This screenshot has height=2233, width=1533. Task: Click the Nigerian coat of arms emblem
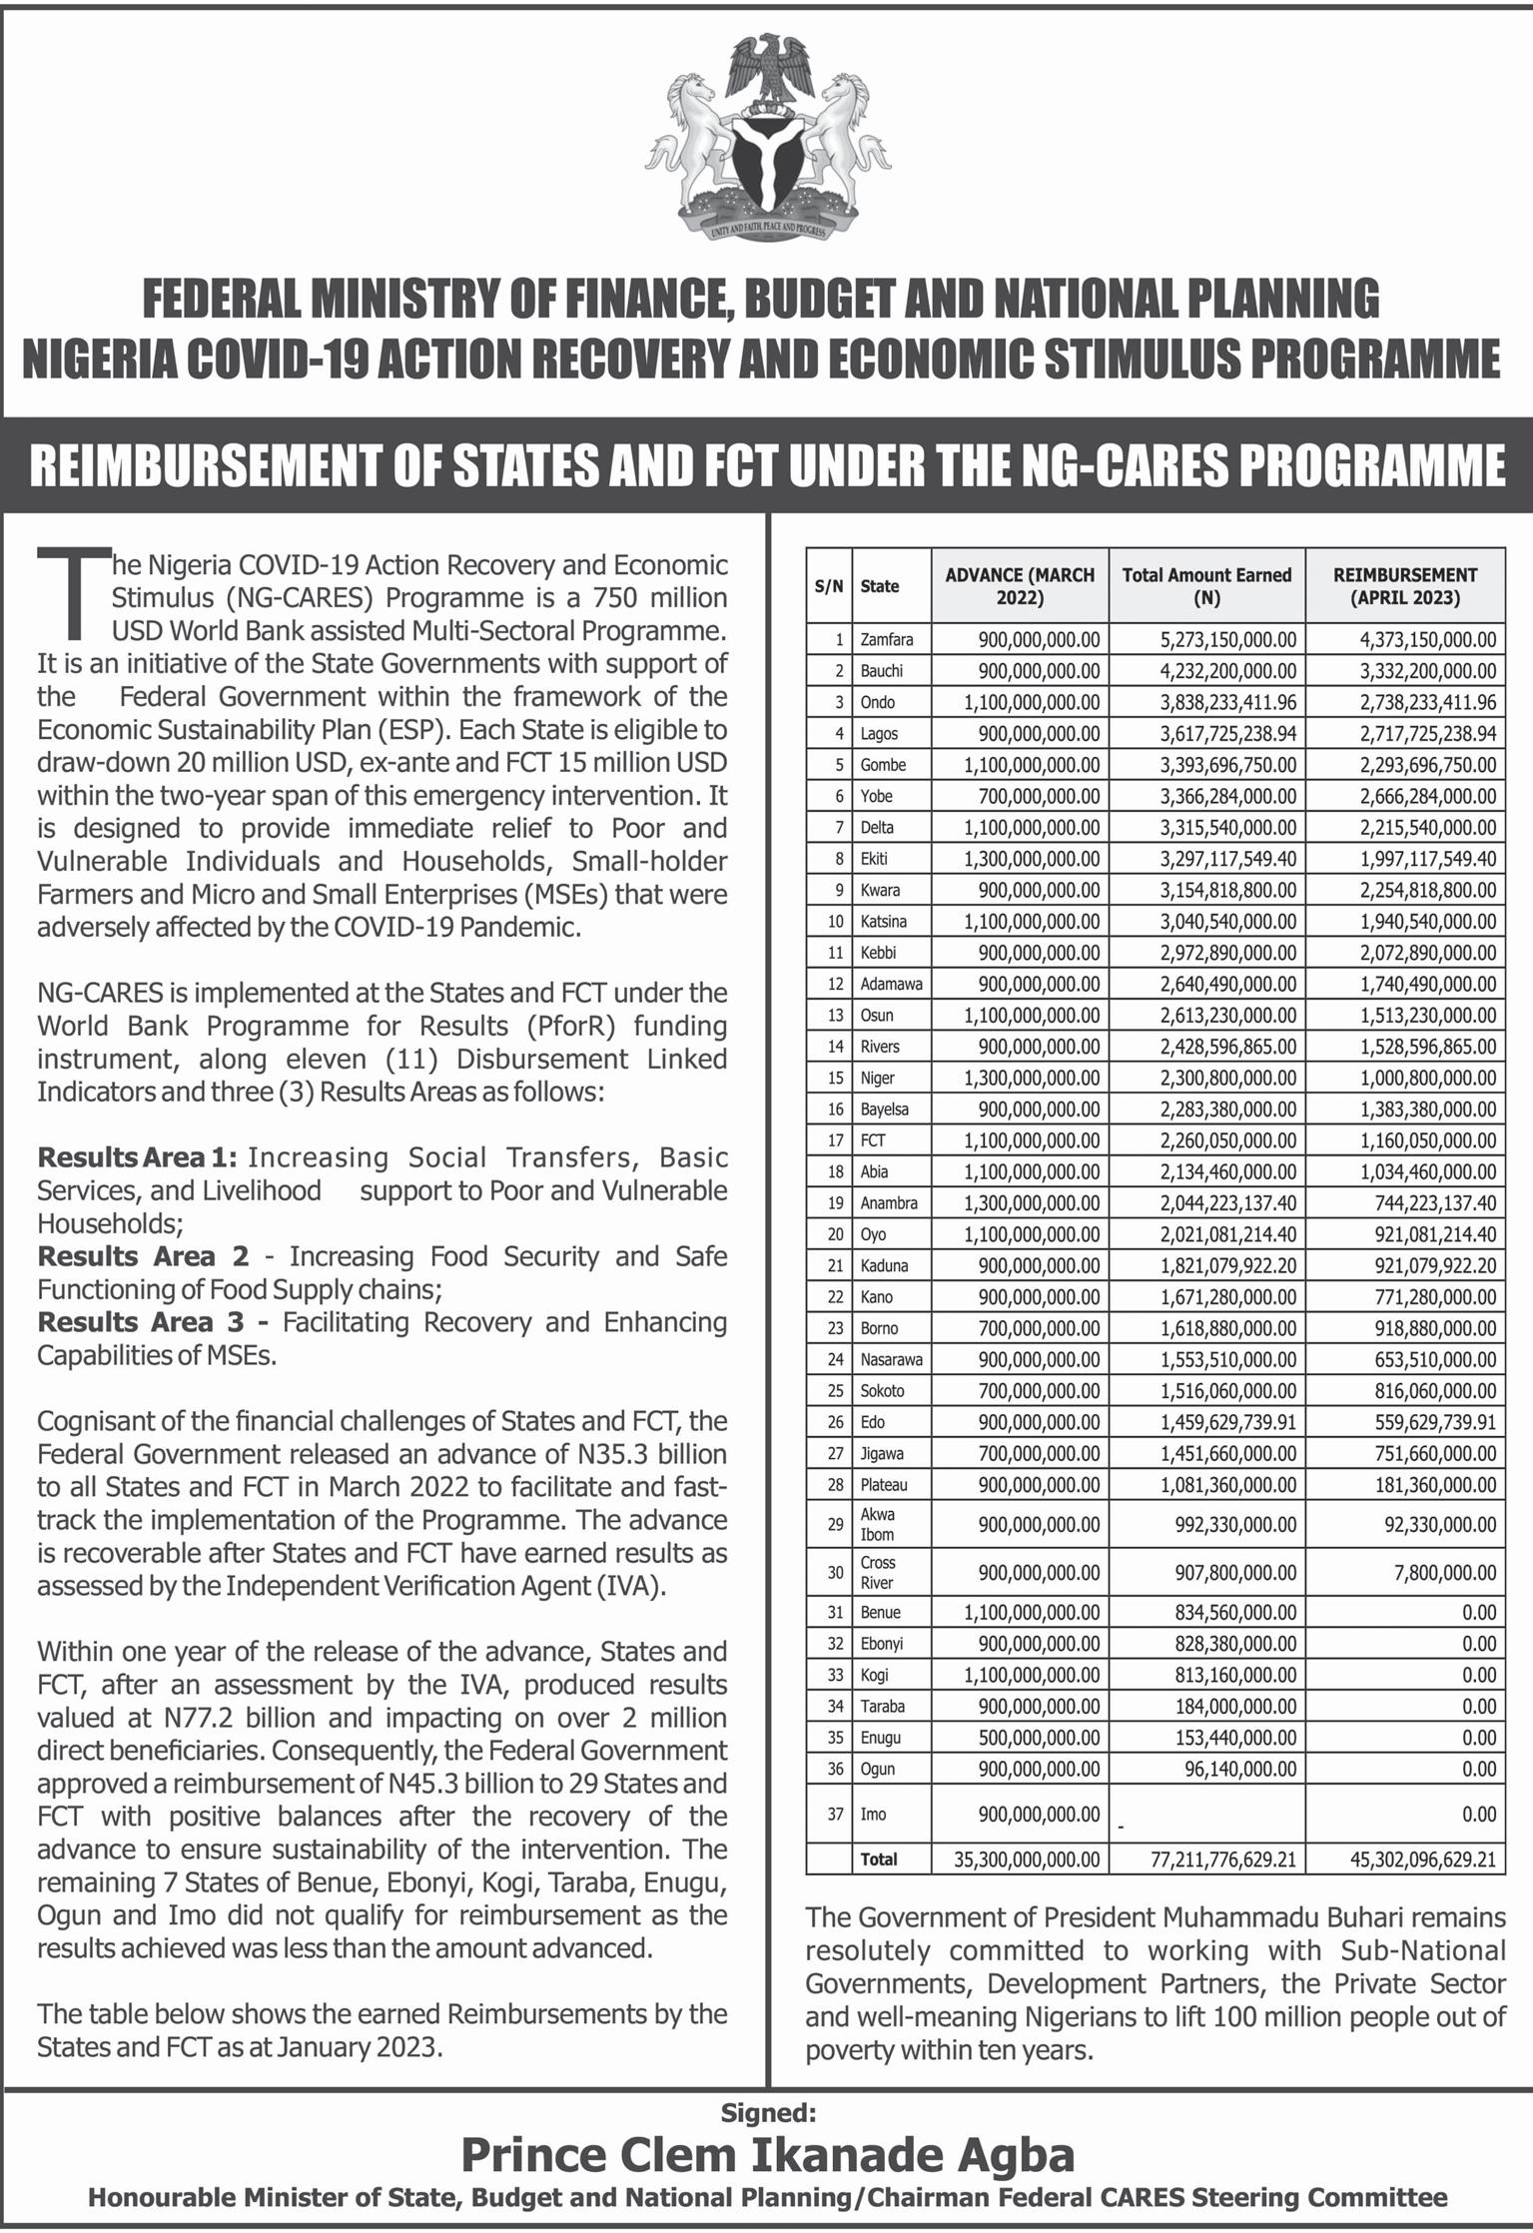point(766,138)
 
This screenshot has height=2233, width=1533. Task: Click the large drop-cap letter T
point(73,593)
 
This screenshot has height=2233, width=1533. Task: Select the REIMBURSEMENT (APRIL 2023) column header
point(1404,586)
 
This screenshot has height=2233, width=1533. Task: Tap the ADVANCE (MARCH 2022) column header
point(1019,586)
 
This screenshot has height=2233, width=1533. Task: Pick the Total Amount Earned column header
point(1206,586)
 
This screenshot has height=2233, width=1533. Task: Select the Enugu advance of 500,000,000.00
point(1039,1738)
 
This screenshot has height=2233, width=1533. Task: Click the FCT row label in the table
point(872,1140)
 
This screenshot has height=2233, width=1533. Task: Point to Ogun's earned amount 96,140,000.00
point(1235,1769)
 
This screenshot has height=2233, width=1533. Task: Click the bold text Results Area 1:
point(137,1157)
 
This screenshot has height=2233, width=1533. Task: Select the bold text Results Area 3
point(141,1322)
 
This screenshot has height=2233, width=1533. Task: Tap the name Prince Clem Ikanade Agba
point(767,2154)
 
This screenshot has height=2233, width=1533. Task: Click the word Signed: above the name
point(768,2112)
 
